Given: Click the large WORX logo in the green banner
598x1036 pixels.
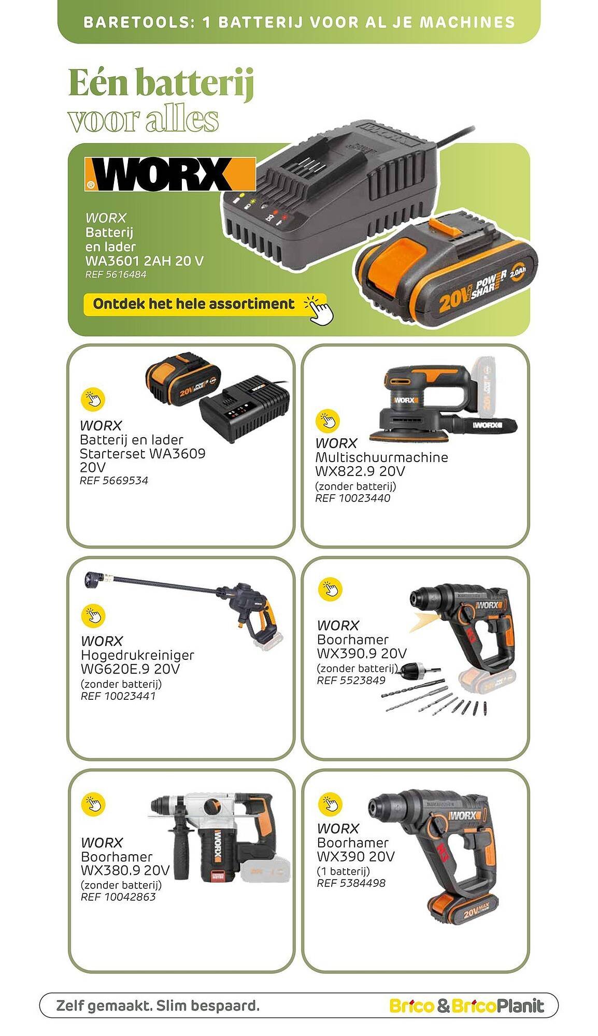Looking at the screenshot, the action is [170, 174].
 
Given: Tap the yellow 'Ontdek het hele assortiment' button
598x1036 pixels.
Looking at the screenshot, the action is [205, 304].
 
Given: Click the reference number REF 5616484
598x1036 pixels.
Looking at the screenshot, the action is [116, 275].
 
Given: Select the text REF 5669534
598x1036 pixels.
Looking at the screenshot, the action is [113, 481].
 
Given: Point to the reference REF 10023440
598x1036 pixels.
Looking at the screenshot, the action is [352, 498].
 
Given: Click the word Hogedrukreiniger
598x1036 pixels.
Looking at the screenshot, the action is [137, 655].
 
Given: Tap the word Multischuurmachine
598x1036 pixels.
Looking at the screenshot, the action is [381, 457].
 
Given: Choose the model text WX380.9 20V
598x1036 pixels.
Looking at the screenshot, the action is [125, 870].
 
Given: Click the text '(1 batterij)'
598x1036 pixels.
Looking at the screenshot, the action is [343, 871].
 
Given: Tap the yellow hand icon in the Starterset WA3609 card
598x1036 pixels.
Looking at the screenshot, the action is [93, 399].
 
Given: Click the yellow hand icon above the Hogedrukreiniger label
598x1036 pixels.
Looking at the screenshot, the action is [93, 615].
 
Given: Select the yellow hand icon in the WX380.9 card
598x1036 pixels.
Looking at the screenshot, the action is [93, 803].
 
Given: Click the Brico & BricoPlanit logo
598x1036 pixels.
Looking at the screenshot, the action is [466, 1006].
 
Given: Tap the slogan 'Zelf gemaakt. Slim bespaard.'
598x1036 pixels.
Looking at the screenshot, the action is [158, 1006].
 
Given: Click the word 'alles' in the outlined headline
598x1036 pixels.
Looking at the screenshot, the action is [181, 119].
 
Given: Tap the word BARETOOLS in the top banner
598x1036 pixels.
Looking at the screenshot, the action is [136, 22].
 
